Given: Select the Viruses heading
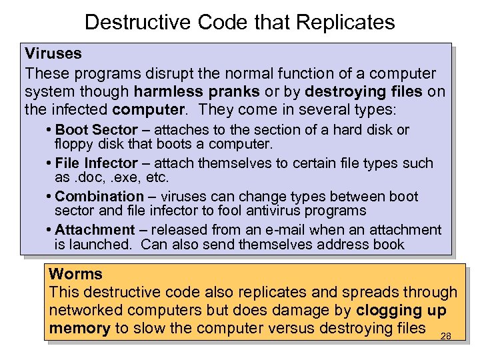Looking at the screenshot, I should click(53, 53).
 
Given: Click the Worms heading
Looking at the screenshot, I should click(76, 274).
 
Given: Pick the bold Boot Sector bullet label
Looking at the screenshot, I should click(96, 130).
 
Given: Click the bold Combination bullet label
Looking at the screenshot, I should click(99, 197).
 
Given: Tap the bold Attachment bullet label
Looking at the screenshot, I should click(95, 230).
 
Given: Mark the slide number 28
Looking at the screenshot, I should click(446, 336).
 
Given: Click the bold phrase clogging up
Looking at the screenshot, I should click(401, 310).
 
